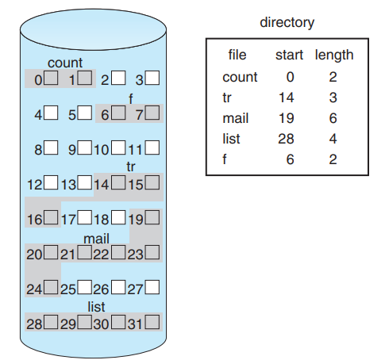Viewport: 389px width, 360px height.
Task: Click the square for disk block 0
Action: pyautogui.click(x=51, y=79)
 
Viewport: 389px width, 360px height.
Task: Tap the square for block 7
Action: pyautogui.click(x=152, y=113)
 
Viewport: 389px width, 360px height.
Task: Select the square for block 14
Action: pyautogui.click(x=118, y=184)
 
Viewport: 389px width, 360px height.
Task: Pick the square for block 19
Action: pyautogui.click(x=152, y=217)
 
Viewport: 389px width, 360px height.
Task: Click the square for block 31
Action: pyautogui.click(x=152, y=322)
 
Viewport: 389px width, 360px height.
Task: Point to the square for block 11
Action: pyautogui.click(x=152, y=147)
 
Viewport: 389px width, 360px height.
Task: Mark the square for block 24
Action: pyautogui.click(x=51, y=287)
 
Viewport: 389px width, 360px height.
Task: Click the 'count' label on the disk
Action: pyautogui.click(x=65, y=63)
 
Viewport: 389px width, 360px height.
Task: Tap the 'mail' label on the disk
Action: pyautogui.click(x=96, y=238)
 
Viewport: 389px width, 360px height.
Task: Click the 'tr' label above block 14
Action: pyautogui.click(x=132, y=167)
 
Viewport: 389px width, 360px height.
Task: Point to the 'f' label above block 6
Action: pyautogui.click(x=132, y=98)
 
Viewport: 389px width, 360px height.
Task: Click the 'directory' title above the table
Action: pyautogui.click(x=287, y=22)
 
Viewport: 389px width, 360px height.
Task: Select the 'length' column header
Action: pyautogui.click(x=334, y=56)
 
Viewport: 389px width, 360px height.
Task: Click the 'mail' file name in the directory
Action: pyautogui.click(x=237, y=117)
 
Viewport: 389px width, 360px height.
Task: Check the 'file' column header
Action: pyautogui.click(x=237, y=56)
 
